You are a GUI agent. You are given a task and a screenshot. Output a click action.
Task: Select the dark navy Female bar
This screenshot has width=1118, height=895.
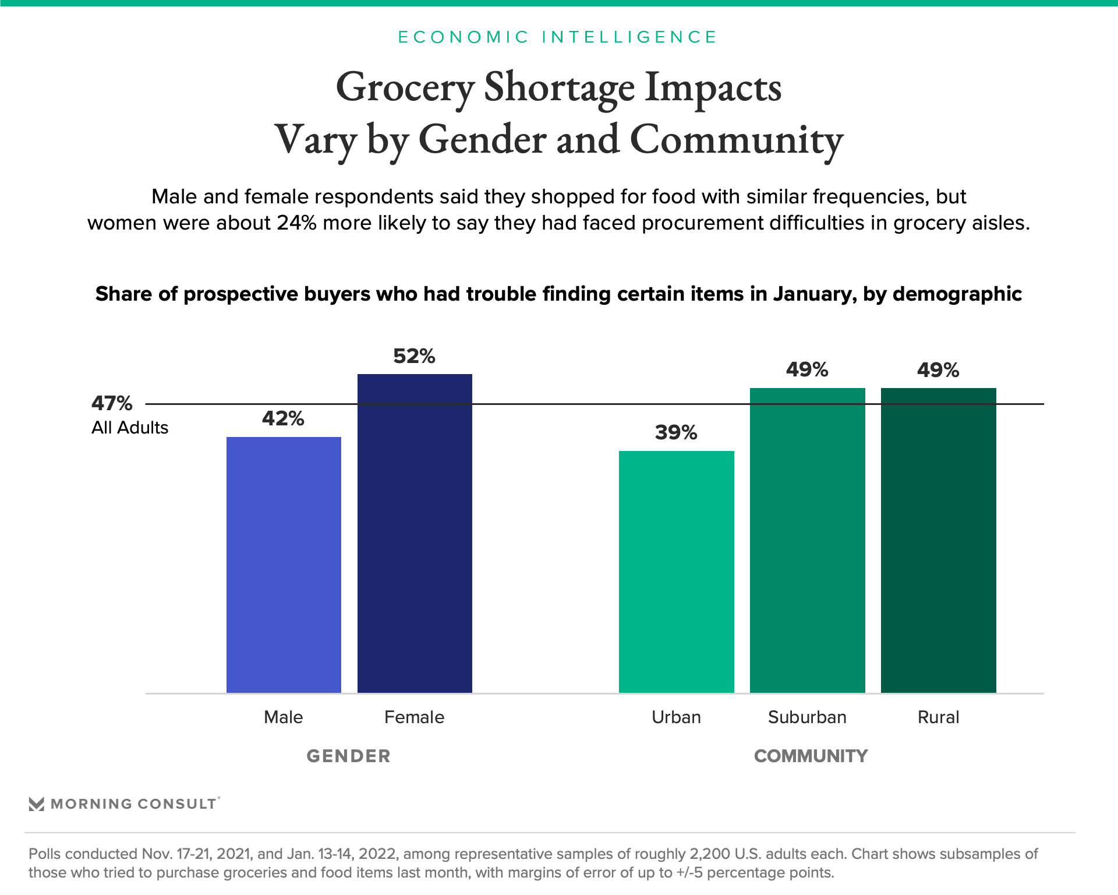(415, 533)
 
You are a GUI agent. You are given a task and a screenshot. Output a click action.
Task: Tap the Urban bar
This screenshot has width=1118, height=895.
(676, 571)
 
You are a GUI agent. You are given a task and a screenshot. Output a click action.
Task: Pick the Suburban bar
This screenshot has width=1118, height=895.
(807, 540)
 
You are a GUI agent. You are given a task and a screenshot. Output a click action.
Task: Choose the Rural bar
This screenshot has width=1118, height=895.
(938, 540)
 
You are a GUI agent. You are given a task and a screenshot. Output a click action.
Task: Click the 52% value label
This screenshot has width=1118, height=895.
(414, 356)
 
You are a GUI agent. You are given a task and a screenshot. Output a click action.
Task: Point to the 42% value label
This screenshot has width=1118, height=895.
(283, 418)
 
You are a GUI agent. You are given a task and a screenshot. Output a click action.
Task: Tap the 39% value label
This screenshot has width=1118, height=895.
(676, 432)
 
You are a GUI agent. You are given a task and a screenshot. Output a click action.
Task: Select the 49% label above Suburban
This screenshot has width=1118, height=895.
(807, 369)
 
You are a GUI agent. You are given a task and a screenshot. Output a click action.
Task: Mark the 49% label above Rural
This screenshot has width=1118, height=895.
(938, 370)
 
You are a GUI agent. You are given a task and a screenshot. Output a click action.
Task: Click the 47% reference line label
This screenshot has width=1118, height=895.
(112, 403)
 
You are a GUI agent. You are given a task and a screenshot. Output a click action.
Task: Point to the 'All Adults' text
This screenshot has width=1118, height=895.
(130, 428)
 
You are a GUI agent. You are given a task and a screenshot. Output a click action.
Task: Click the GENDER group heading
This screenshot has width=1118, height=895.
(348, 756)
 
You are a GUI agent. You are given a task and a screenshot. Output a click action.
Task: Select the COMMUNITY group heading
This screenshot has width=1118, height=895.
(811, 756)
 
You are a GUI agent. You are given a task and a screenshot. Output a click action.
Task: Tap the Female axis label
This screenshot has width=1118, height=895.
(414, 717)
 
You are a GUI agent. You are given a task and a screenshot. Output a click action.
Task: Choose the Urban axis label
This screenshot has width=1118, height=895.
(676, 717)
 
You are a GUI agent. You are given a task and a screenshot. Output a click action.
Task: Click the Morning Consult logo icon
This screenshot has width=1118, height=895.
(37, 804)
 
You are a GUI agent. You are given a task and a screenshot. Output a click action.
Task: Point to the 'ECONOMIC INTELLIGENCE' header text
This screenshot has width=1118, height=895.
(558, 37)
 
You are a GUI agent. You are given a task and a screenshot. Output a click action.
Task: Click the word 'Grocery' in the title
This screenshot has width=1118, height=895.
(405, 88)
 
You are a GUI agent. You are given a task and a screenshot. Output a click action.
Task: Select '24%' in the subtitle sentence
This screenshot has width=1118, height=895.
(296, 223)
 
